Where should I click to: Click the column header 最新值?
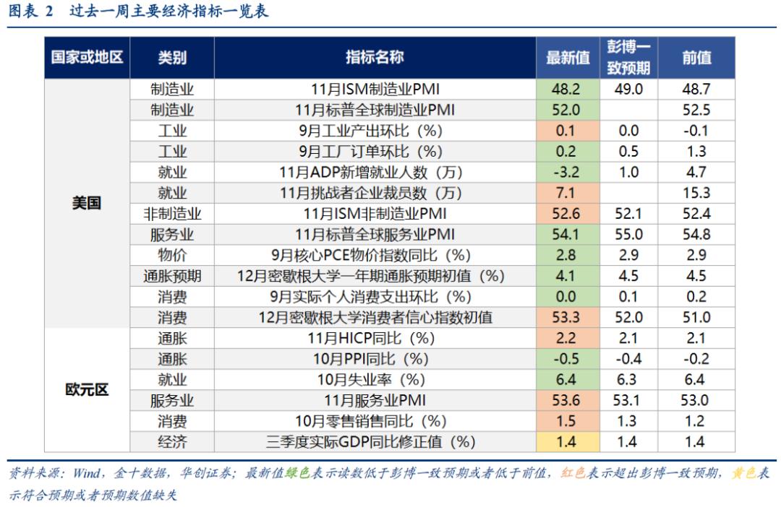tap(568, 58)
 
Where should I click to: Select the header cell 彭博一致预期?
tap(628, 58)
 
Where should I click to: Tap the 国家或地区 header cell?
tap(87, 58)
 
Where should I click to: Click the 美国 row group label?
tap(87, 203)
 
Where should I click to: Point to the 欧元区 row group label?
tap(87, 390)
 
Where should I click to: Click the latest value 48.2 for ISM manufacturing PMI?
tap(568, 89)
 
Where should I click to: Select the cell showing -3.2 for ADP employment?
tap(568, 173)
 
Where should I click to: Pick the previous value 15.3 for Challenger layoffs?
tap(696, 193)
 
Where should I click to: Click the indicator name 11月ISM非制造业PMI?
tap(375, 214)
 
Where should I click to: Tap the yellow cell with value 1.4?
tap(568, 442)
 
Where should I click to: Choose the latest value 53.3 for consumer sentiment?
tap(568, 317)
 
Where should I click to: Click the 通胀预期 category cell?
tap(172, 276)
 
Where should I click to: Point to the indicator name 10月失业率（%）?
tap(375, 380)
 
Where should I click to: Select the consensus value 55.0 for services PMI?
tap(628, 234)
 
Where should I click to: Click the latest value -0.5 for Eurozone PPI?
tap(568, 359)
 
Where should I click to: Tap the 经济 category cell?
tap(172, 442)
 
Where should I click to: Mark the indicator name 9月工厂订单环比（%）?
tap(375, 152)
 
